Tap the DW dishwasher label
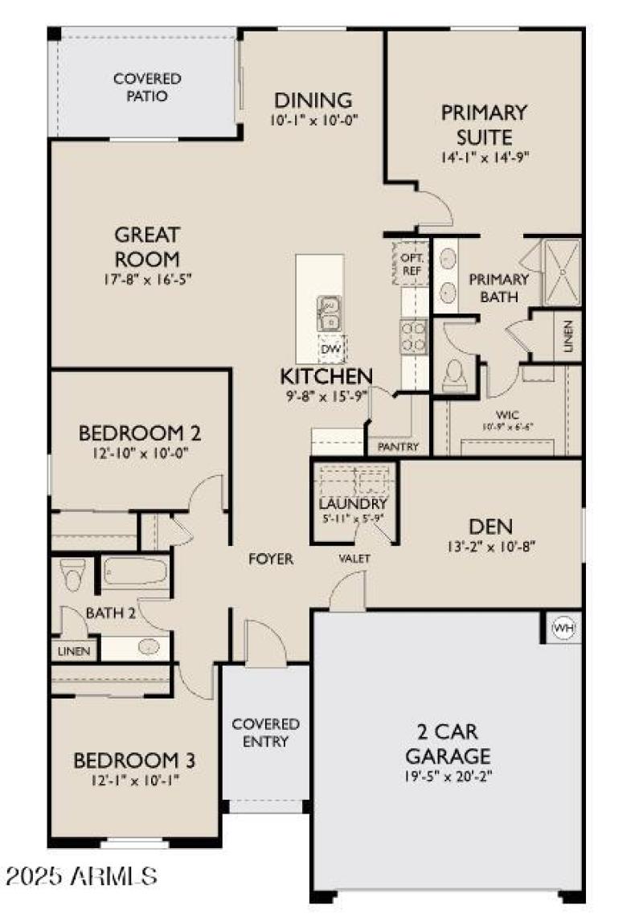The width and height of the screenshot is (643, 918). click(330, 349)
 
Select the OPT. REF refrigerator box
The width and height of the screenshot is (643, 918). click(412, 264)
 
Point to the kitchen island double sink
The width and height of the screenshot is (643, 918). click(330, 314)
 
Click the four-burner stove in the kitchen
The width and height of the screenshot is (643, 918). click(412, 336)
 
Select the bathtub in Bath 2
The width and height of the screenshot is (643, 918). click(135, 573)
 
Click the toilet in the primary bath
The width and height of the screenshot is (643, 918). click(455, 374)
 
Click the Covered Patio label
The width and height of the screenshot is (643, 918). click(147, 88)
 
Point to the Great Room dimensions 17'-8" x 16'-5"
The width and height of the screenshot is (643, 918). click(146, 280)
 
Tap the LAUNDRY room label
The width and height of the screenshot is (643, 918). click(353, 504)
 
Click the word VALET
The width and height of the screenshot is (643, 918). click(354, 559)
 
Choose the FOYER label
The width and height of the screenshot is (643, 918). click(270, 559)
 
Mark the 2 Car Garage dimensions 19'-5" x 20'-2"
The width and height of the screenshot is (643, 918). click(448, 777)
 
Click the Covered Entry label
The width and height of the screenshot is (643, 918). click(265, 732)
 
